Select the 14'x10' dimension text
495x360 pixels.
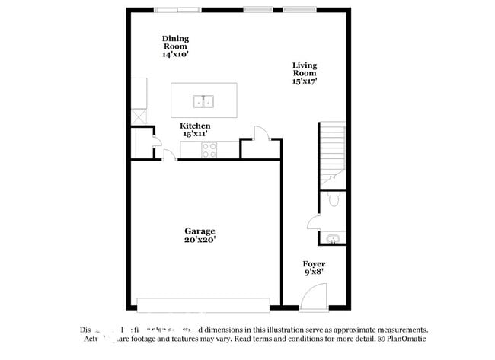[x=175, y=54]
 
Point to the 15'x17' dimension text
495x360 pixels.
[x=305, y=81]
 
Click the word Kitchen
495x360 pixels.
[x=195, y=126]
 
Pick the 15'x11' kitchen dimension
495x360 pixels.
[x=195, y=134]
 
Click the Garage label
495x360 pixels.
[x=200, y=231]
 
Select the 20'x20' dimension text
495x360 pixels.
[x=200, y=240]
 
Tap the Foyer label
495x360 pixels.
[x=314, y=264]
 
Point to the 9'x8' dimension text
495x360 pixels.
[x=314, y=272]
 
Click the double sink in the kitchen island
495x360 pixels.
[x=203, y=100]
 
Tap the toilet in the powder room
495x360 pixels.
[x=332, y=199]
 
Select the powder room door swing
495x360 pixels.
[x=313, y=221]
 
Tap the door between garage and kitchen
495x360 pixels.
[x=170, y=156]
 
